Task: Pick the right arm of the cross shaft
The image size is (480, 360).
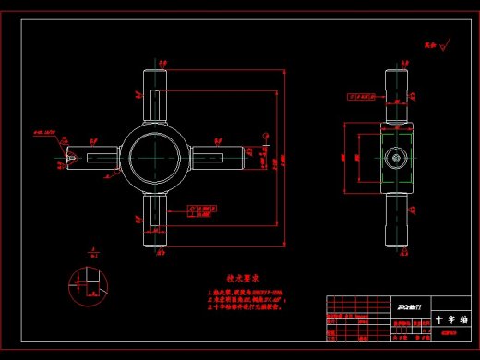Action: pos(219,157)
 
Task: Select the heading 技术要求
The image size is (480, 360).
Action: pos(244,277)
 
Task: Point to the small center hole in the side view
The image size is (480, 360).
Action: pos(394,158)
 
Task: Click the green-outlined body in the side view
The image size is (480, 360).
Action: pos(394,158)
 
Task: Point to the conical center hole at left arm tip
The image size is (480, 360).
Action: pos(70,158)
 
